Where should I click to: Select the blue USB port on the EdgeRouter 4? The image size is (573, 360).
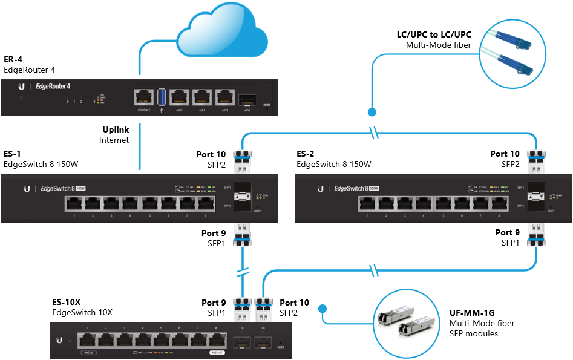[x=162, y=97]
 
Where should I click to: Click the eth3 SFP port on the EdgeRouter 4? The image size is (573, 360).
[x=247, y=98]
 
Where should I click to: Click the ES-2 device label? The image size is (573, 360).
[x=306, y=154]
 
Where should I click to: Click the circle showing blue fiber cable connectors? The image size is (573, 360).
[x=507, y=52]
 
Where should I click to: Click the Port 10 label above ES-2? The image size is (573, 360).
[x=505, y=154]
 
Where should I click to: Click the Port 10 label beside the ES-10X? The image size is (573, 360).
[x=295, y=302]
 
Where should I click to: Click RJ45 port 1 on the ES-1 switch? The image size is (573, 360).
[x=74, y=205]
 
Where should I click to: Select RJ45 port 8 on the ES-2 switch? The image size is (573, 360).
[x=499, y=205]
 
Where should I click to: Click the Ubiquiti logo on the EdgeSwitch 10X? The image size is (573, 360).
[x=59, y=341]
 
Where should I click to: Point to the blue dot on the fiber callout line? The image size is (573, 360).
[x=372, y=112]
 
